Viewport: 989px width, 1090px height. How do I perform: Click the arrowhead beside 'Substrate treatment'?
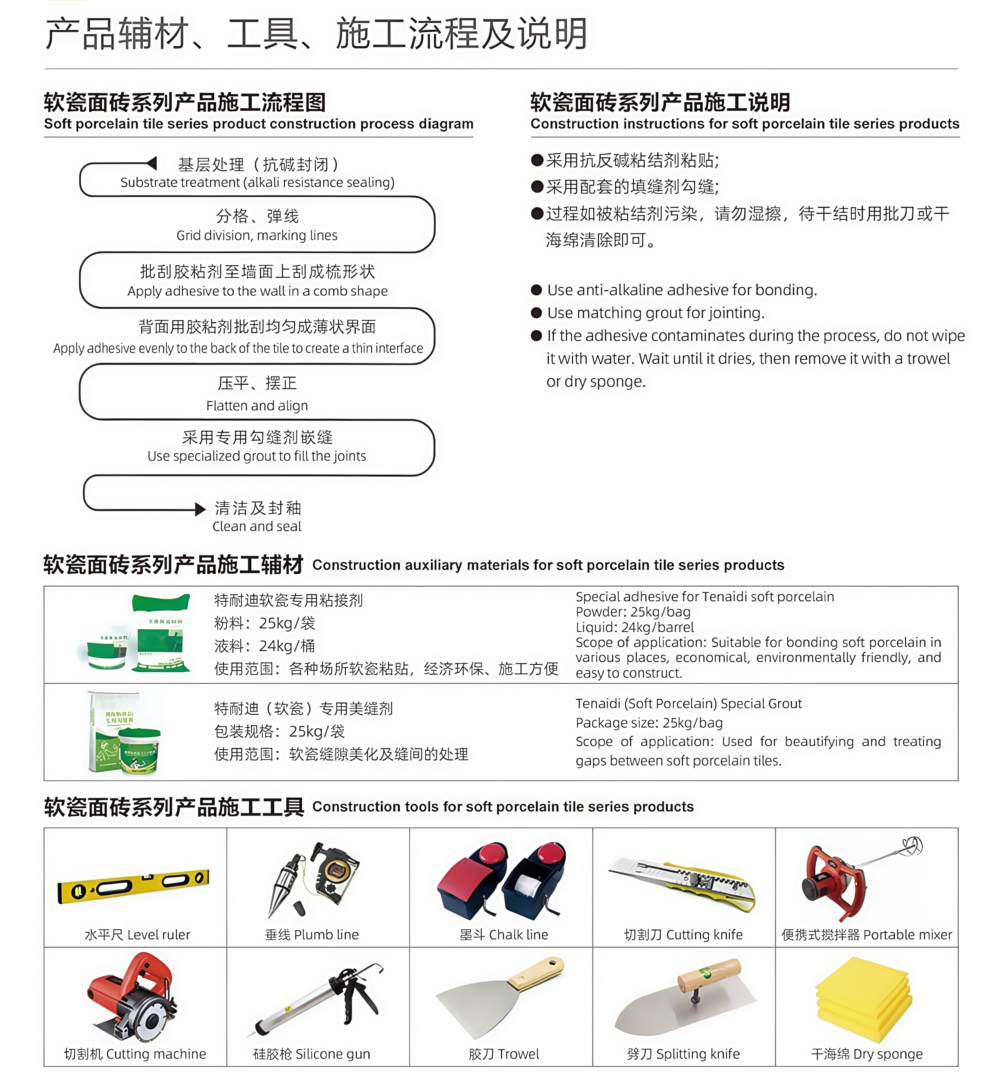click(x=152, y=163)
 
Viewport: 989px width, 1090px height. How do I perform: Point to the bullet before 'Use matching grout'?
click(x=536, y=313)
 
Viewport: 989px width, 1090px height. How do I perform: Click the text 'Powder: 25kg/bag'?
click(x=633, y=611)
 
